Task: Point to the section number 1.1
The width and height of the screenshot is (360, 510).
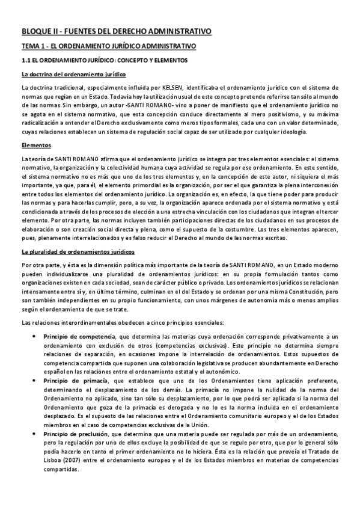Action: (x=26, y=61)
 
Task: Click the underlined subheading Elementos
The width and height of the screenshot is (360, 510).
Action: (x=36, y=145)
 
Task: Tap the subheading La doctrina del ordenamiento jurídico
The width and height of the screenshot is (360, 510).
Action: (x=73, y=75)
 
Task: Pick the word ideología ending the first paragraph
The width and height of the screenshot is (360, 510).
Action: (x=293, y=132)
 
